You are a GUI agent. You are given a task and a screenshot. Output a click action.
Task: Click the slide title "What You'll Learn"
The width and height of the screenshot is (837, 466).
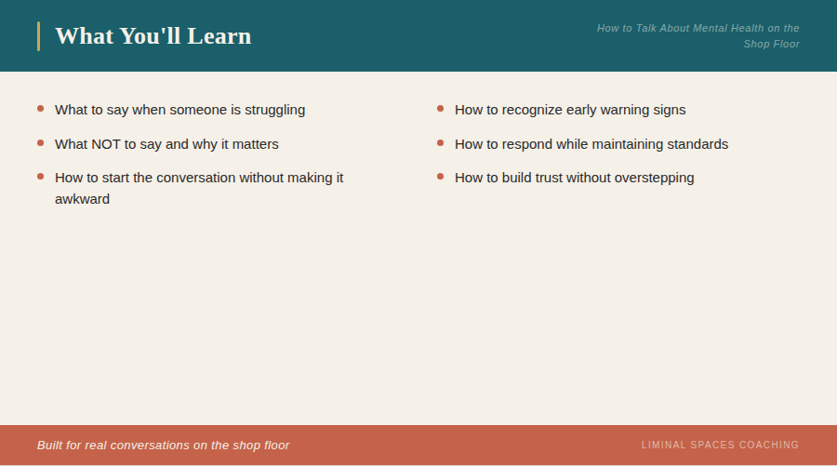[x=153, y=36]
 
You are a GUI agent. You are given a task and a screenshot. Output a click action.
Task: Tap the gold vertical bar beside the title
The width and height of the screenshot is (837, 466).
[x=38, y=36]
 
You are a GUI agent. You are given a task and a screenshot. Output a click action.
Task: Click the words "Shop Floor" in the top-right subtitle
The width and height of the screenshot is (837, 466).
[x=771, y=44]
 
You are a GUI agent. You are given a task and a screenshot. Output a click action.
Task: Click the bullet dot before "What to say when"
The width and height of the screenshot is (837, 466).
[x=40, y=109]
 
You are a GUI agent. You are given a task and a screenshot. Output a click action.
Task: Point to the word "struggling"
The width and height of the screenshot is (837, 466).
[x=274, y=110]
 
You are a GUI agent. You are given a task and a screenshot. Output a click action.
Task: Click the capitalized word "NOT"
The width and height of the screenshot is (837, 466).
[x=107, y=144]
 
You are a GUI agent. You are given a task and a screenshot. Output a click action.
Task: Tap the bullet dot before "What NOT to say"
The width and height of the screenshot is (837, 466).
[x=40, y=143]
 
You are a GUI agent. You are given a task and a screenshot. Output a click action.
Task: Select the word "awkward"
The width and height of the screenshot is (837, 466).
[x=82, y=199]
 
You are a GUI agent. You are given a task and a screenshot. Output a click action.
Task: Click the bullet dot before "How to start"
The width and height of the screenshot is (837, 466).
[x=40, y=176]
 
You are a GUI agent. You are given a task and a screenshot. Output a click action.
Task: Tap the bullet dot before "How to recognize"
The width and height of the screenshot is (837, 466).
[x=440, y=109]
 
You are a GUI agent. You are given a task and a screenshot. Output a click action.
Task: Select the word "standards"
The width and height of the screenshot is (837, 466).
[x=697, y=144]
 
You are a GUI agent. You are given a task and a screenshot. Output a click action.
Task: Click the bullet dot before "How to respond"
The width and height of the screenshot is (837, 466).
[x=440, y=143]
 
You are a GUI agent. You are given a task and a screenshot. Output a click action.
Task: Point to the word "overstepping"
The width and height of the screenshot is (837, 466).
[x=654, y=178]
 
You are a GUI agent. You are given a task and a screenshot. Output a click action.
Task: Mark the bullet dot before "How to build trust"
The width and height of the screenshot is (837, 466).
[x=440, y=176]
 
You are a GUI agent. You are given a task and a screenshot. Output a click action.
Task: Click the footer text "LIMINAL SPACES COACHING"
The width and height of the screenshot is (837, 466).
[x=720, y=446]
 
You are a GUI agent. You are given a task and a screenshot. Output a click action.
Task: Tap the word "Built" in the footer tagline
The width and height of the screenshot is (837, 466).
[x=49, y=446]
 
